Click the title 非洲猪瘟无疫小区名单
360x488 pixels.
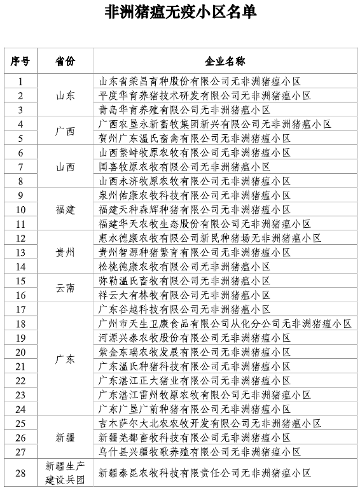click(180, 13)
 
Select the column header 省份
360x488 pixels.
click(65, 61)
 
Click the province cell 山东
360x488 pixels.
click(65, 95)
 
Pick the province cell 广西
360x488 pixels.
click(65, 131)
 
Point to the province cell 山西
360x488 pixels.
click(65, 167)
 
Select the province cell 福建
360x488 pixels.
click(65, 209)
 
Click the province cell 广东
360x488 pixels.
click(65, 359)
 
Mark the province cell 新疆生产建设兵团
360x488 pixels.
click(65, 473)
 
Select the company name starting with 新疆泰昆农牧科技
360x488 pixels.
click(204, 473)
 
